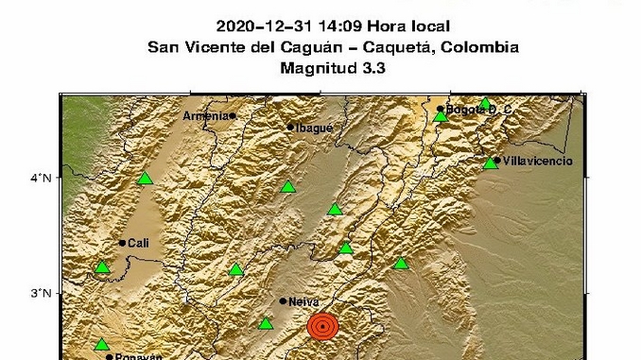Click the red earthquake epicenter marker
[322, 327]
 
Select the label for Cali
[139, 243]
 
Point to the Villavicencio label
[537, 162]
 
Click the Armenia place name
[206, 115]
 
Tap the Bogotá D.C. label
[478, 110]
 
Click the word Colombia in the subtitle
[484, 47]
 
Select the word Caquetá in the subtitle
[407, 47]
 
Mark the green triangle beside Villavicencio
[491, 163]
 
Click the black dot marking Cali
[122, 243]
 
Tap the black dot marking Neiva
[283, 301]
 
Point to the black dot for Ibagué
[290, 127]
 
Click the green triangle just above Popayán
[101, 344]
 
